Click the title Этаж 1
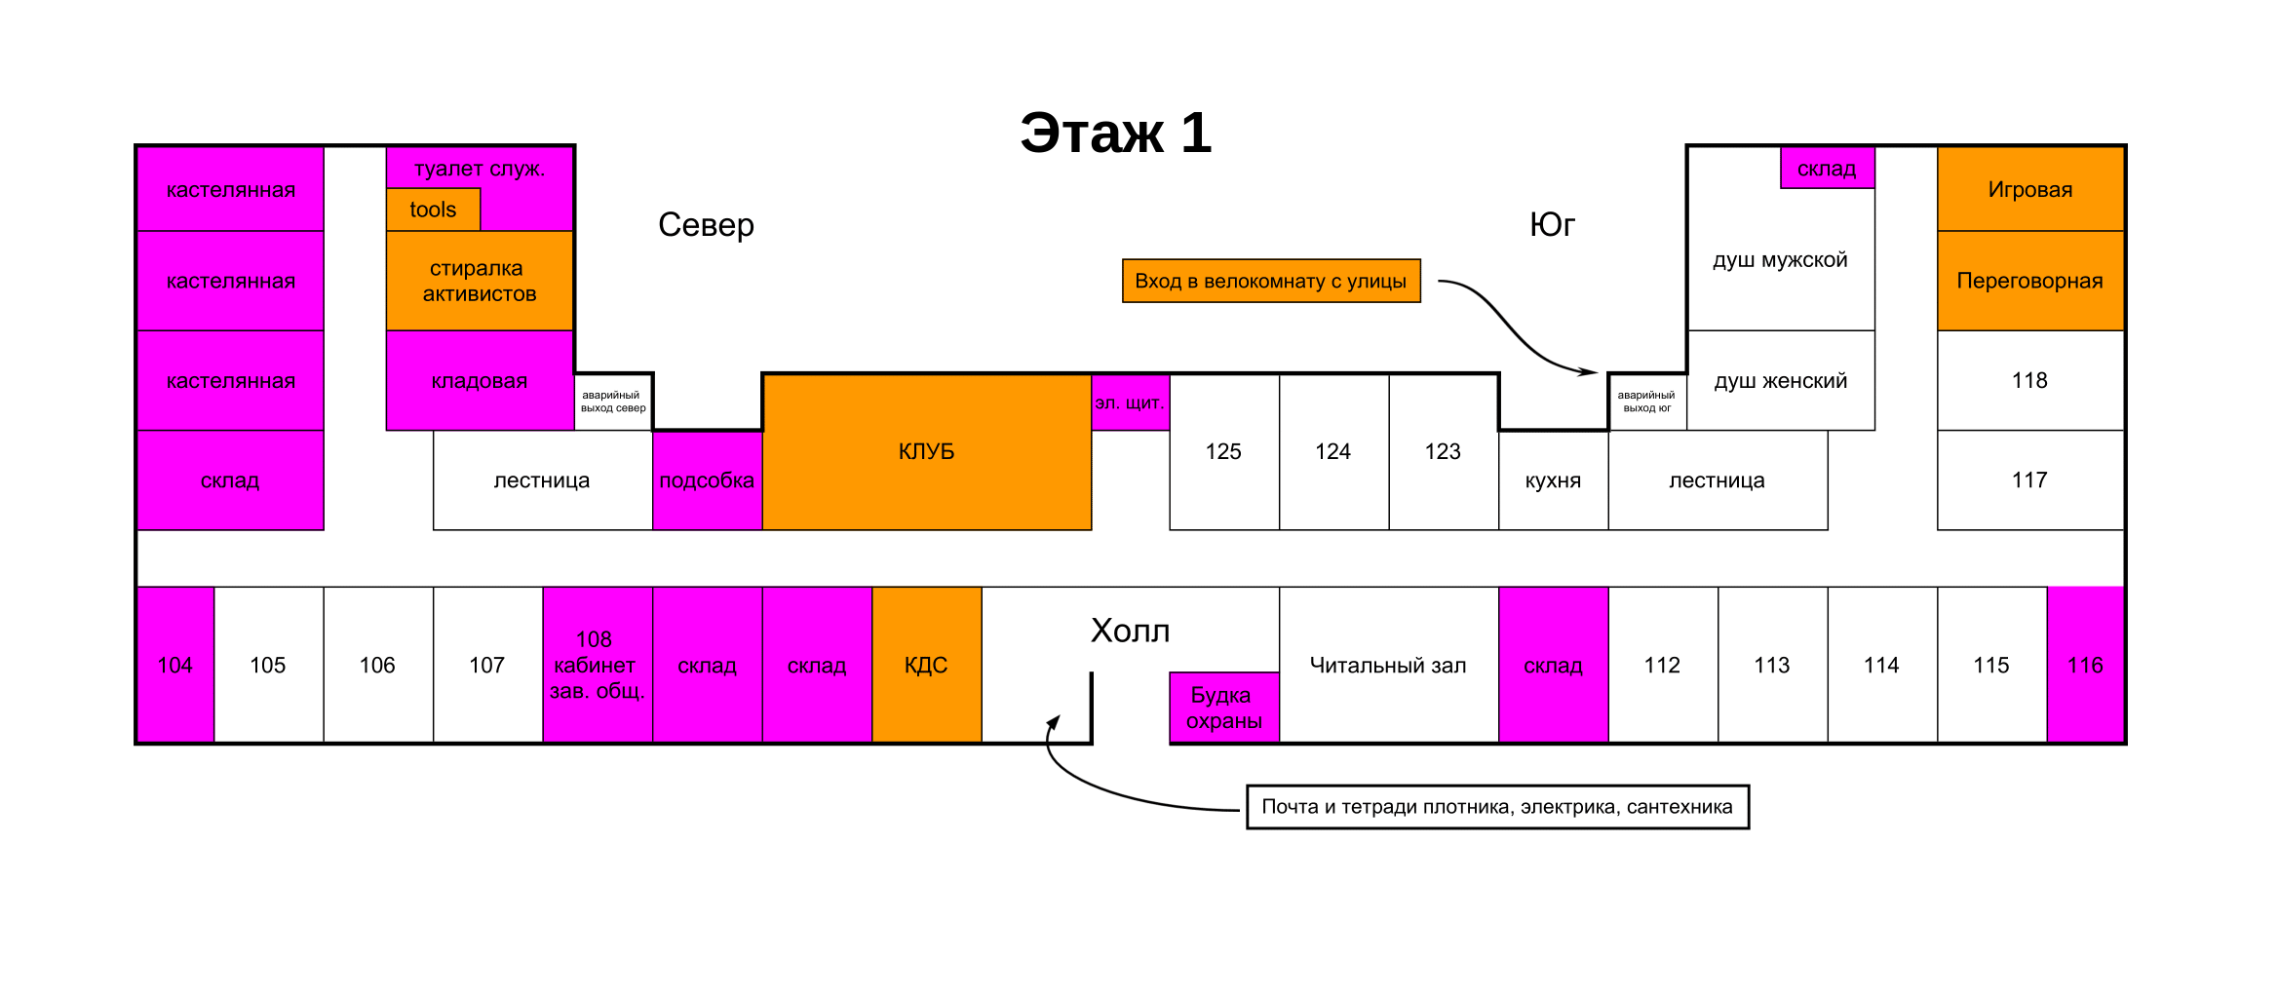pos(1115,133)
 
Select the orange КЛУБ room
pos(926,451)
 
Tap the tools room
pos(433,210)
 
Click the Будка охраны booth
pos(1223,708)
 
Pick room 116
pos(2085,665)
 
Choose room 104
pos(175,665)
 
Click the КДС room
pos(926,665)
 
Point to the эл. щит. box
pos(1130,403)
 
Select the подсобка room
pos(707,480)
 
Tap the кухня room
pos(1553,480)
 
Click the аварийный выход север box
pos(613,402)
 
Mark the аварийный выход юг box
pos(1646,402)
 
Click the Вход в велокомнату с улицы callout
pos(1271,281)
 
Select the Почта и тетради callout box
pos(1497,807)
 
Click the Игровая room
pos(2030,189)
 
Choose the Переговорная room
pos(2030,281)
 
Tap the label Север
pos(706,225)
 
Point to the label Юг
pos(1552,225)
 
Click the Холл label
pos(1130,632)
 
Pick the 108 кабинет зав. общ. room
pos(597,665)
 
